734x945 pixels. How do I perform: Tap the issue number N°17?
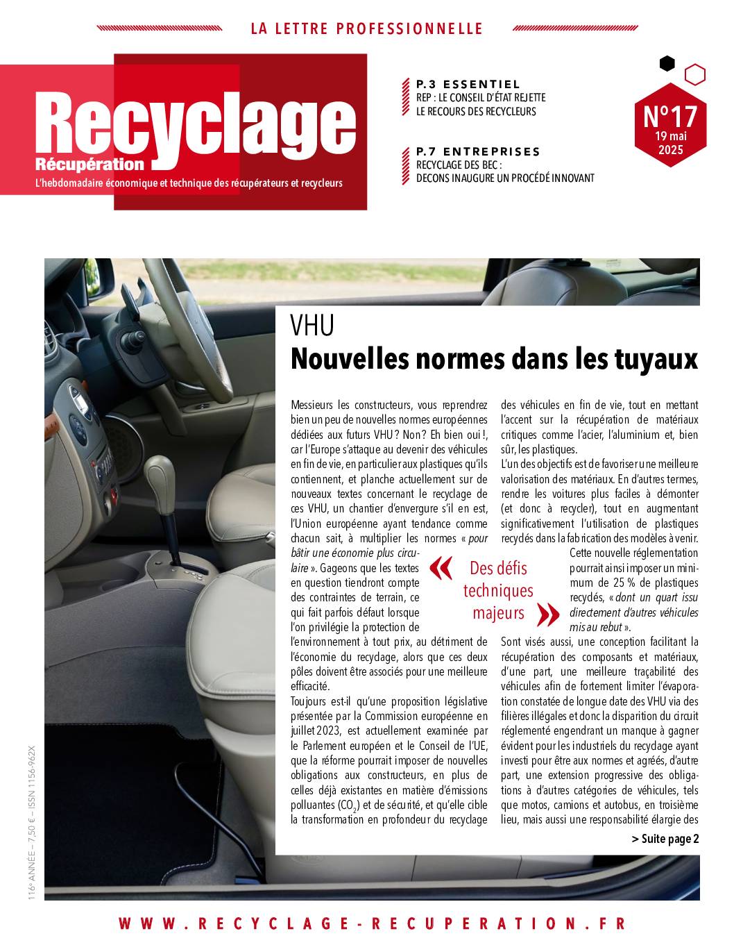(669, 114)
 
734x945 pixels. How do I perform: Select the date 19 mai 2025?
(670, 143)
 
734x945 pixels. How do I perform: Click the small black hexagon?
(667, 64)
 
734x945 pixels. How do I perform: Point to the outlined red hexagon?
(694, 74)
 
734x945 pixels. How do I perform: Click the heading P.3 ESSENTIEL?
(468, 85)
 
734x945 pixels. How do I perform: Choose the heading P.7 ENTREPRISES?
(478, 151)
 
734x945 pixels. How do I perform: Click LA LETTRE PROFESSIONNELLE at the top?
(366, 28)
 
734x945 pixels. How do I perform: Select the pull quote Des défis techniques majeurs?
(498, 590)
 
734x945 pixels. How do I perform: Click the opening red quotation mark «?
(441, 568)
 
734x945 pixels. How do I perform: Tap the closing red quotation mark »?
(548, 613)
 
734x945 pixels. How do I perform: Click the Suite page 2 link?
(665, 839)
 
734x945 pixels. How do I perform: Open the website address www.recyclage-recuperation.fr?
(372, 923)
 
